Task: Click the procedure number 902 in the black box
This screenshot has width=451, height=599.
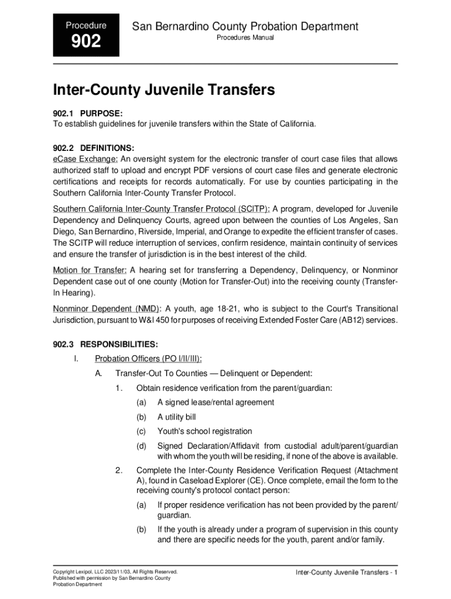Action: click(x=86, y=42)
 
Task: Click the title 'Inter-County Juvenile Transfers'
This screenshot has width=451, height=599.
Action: click(x=164, y=90)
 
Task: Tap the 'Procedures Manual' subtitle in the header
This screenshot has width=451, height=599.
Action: click(x=245, y=38)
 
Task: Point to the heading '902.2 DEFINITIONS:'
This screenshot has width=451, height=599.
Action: click(x=94, y=147)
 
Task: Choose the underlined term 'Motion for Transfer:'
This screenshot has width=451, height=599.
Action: click(x=90, y=270)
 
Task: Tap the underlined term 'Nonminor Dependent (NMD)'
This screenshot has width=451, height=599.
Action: click(x=107, y=309)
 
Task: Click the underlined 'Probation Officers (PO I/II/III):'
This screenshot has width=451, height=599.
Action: click(x=152, y=359)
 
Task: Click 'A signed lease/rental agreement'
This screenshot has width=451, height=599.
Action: click(x=216, y=402)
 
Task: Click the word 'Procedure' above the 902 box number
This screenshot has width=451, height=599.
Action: click(x=86, y=26)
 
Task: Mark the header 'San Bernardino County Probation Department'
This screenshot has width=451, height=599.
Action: click(x=245, y=26)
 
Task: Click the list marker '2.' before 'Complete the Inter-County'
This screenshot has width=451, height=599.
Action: click(x=119, y=470)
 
